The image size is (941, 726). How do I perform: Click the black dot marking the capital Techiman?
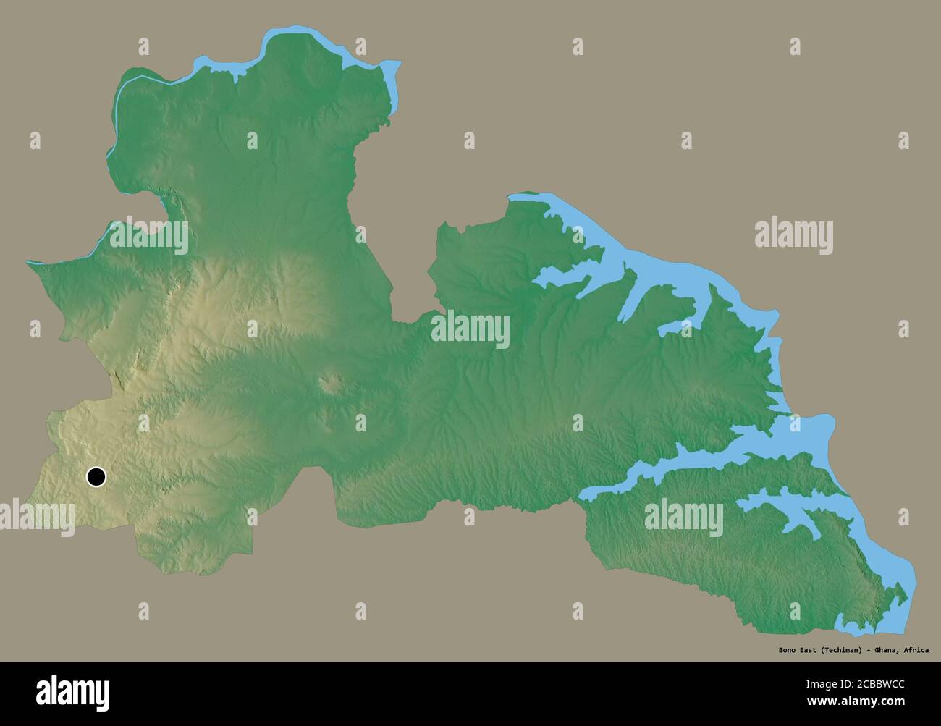96,477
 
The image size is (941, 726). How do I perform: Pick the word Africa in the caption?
916,650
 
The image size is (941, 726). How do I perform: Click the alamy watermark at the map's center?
470,330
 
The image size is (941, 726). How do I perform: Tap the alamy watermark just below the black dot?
36,518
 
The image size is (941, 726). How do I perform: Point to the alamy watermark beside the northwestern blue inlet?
148,236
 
